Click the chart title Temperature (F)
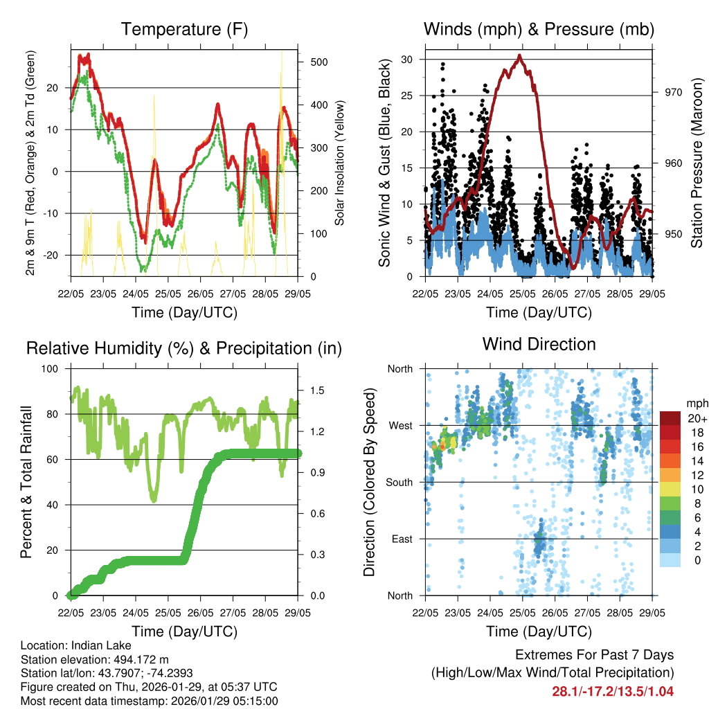tap(184, 29)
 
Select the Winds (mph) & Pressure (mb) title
tap(539, 29)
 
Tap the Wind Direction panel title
tap(539, 344)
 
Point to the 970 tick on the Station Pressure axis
tap(673, 92)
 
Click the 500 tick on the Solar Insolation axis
tap(318, 62)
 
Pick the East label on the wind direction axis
tap(400, 538)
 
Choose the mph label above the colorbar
tap(696, 403)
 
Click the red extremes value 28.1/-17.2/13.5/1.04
tap(613, 691)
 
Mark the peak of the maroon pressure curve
tap(519, 57)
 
